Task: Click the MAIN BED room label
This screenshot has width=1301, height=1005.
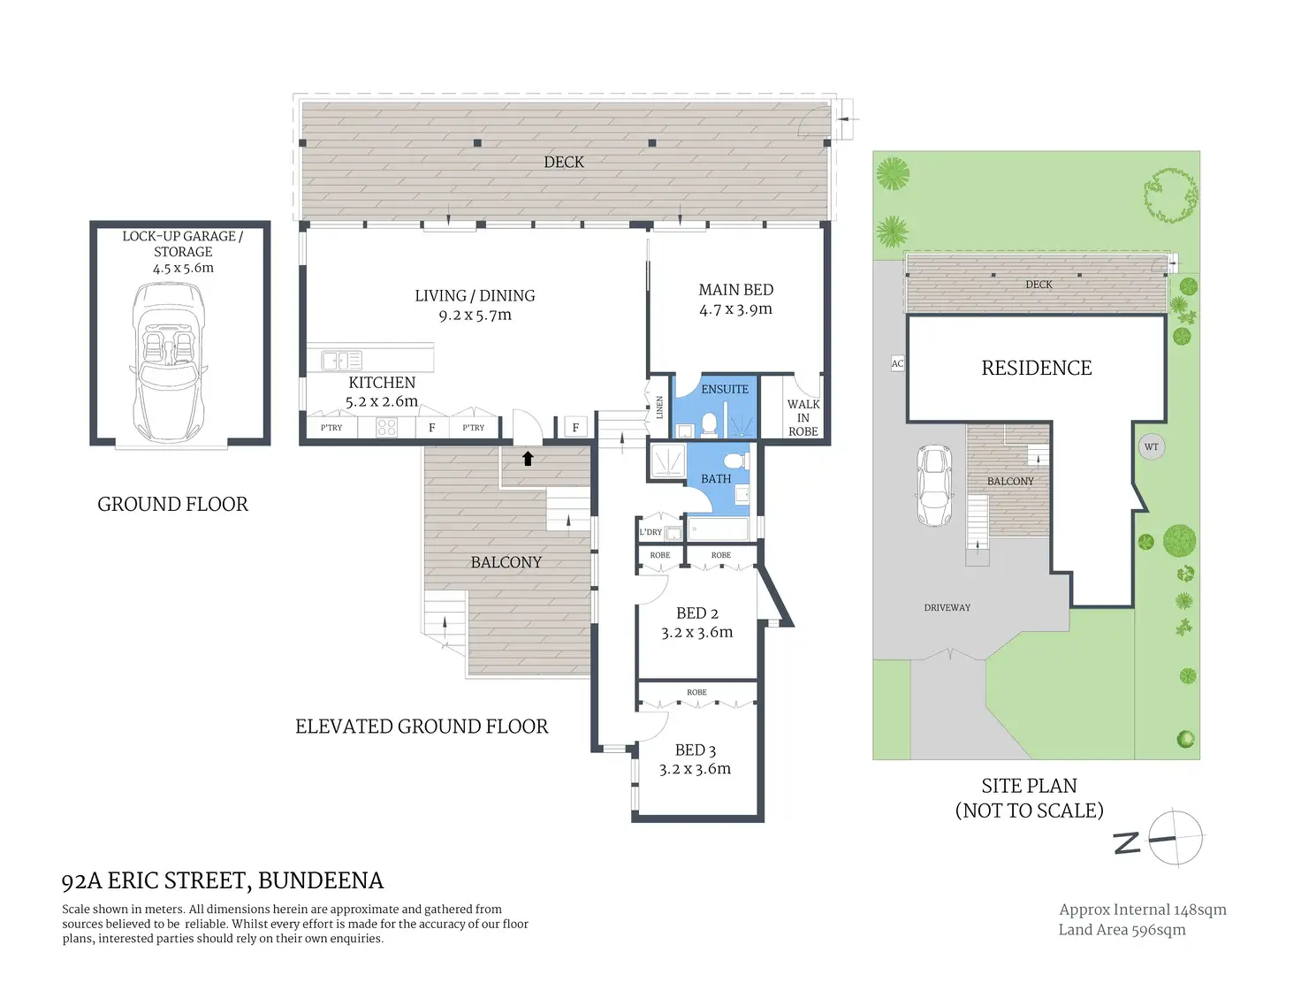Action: [x=736, y=290]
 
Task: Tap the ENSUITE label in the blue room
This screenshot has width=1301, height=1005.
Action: [x=725, y=389]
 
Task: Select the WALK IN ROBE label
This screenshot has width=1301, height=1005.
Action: [x=803, y=418]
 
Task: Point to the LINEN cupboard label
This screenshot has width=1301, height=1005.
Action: [x=659, y=407]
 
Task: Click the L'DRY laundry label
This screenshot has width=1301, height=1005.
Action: [x=650, y=531]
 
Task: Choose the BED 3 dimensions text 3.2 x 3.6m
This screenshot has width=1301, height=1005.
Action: [x=695, y=769]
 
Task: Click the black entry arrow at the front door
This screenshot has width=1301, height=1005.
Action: [x=528, y=459]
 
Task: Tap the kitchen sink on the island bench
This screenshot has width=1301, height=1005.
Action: [x=341, y=361]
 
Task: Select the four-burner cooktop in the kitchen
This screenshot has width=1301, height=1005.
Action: [x=387, y=428]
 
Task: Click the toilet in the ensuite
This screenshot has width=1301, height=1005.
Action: [x=709, y=423]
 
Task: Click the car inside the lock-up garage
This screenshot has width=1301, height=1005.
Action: [x=168, y=362]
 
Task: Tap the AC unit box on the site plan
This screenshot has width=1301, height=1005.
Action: [x=897, y=363]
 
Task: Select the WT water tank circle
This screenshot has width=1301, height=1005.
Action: [x=1152, y=446]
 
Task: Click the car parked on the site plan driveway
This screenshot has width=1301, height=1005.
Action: [x=934, y=485]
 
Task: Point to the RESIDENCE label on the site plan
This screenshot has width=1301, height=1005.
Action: [x=1037, y=368]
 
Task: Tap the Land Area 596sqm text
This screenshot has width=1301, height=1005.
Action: [x=1122, y=930]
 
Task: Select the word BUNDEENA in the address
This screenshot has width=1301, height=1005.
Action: [x=320, y=880]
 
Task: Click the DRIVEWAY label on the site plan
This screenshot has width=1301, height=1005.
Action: [x=947, y=607]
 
